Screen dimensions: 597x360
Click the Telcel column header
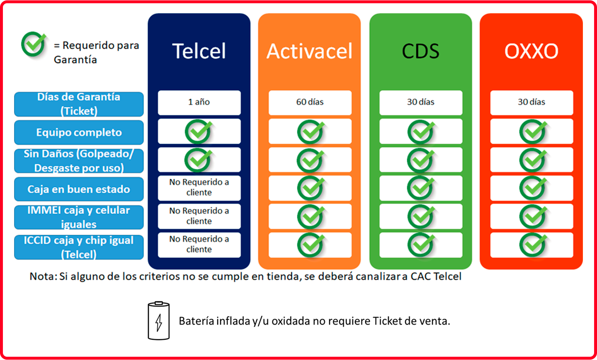click(x=199, y=51)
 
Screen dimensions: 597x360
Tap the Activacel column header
click(x=309, y=51)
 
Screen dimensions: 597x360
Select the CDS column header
click(x=420, y=51)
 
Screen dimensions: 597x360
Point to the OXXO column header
click(x=531, y=51)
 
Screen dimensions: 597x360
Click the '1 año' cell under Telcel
click(x=199, y=103)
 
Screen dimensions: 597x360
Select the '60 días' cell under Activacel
click(x=310, y=103)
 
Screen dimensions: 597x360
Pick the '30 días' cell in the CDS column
click(x=421, y=103)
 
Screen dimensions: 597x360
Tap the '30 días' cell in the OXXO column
click(x=531, y=103)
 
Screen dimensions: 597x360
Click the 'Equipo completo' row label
click(x=79, y=132)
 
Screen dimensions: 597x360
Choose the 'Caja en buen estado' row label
click(x=79, y=189)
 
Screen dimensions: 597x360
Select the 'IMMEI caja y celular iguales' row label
click(x=79, y=217)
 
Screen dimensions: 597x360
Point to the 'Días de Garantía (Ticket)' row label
click(x=79, y=104)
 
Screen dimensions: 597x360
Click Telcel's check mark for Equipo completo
click(x=199, y=131)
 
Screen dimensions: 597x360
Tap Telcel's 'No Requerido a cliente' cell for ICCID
click(x=199, y=245)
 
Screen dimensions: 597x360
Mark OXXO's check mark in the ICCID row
click(x=533, y=245)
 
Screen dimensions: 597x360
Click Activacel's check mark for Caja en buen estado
click(x=311, y=188)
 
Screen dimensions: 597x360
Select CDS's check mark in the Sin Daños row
click(x=421, y=160)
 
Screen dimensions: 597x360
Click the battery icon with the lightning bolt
click(x=158, y=321)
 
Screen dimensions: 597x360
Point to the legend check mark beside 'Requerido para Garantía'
click(x=34, y=44)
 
